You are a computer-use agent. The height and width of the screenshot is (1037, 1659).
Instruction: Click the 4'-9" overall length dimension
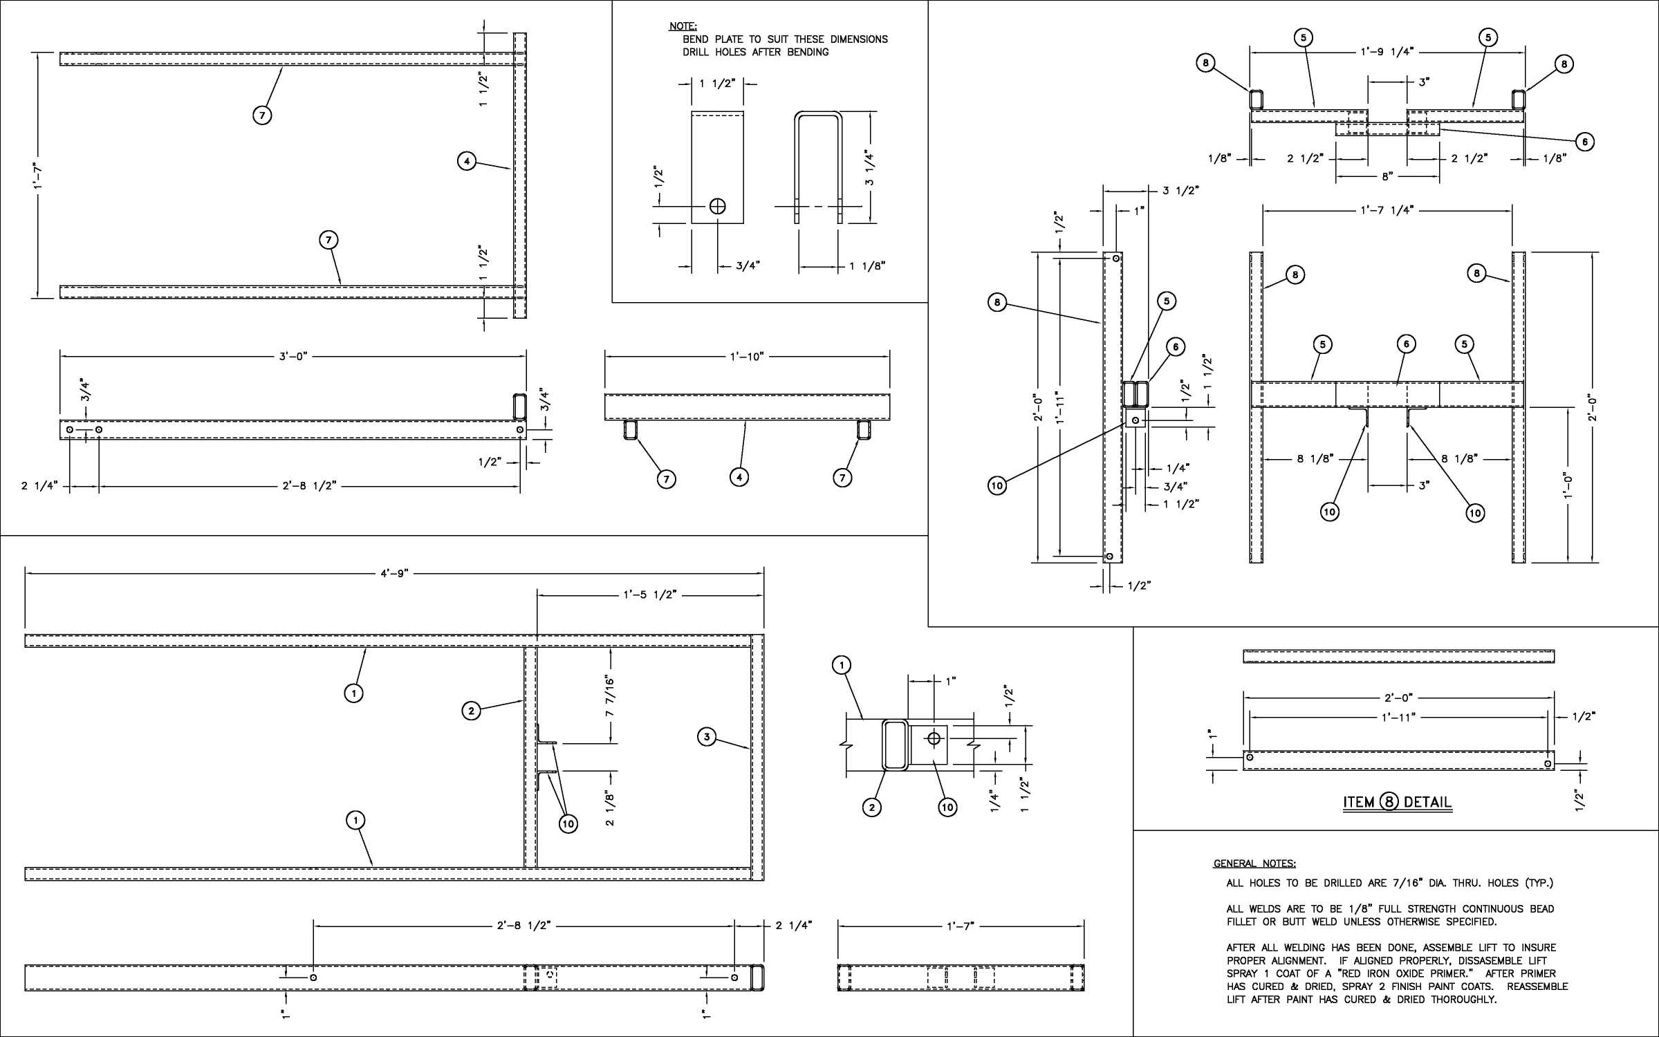(x=395, y=573)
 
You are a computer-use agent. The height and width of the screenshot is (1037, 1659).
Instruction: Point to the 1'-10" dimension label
(x=747, y=357)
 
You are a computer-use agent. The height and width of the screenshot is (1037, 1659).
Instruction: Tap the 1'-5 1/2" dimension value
(x=650, y=595)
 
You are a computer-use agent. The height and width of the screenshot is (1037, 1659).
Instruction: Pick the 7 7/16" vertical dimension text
(x=610, y=698)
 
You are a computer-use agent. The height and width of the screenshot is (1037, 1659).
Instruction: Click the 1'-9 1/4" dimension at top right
(x=1387, y=52)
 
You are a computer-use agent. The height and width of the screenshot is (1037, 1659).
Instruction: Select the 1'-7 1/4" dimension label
(x=1387, y=209)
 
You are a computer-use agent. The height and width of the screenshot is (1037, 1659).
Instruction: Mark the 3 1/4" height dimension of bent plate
(x=870, y=168)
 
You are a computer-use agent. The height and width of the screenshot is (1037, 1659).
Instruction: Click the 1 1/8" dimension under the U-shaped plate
(x=867, y=266)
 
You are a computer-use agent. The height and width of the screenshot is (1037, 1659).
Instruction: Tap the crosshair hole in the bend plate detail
(x=718, y=206)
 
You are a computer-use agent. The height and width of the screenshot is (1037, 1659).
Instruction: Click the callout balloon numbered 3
(x=706, y=737)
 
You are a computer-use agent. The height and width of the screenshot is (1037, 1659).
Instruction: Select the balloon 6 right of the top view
(x=1584, y=142)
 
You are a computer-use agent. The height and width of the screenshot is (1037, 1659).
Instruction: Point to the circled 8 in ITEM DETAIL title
(x=1389, y=802)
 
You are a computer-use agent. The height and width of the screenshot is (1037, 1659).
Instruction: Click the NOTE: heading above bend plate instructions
(x=683, y=26)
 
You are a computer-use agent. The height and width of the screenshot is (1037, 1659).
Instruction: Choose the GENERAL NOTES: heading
(x=1254, y=863)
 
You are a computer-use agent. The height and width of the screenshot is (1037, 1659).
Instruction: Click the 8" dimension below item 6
(x=1387, y=177)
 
